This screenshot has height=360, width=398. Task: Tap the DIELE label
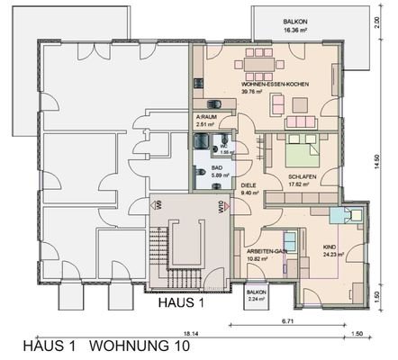[249, 187]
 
